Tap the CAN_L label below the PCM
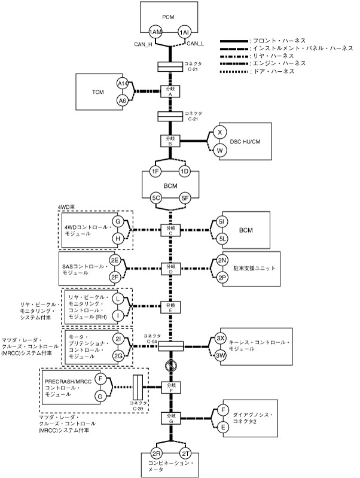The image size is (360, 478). coord(196,44)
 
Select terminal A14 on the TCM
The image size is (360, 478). coord(123,84)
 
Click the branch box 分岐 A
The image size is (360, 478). coord(171,92)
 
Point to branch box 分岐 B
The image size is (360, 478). coord(171,140)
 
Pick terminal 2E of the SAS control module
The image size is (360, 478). coord(115,261)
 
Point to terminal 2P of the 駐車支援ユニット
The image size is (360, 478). coord(222,278)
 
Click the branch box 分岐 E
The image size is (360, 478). coord(171,307)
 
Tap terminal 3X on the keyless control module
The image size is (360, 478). coord(221,339)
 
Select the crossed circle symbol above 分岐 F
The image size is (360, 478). coord(171,366)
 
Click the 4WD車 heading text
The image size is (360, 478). coord(66,206)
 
